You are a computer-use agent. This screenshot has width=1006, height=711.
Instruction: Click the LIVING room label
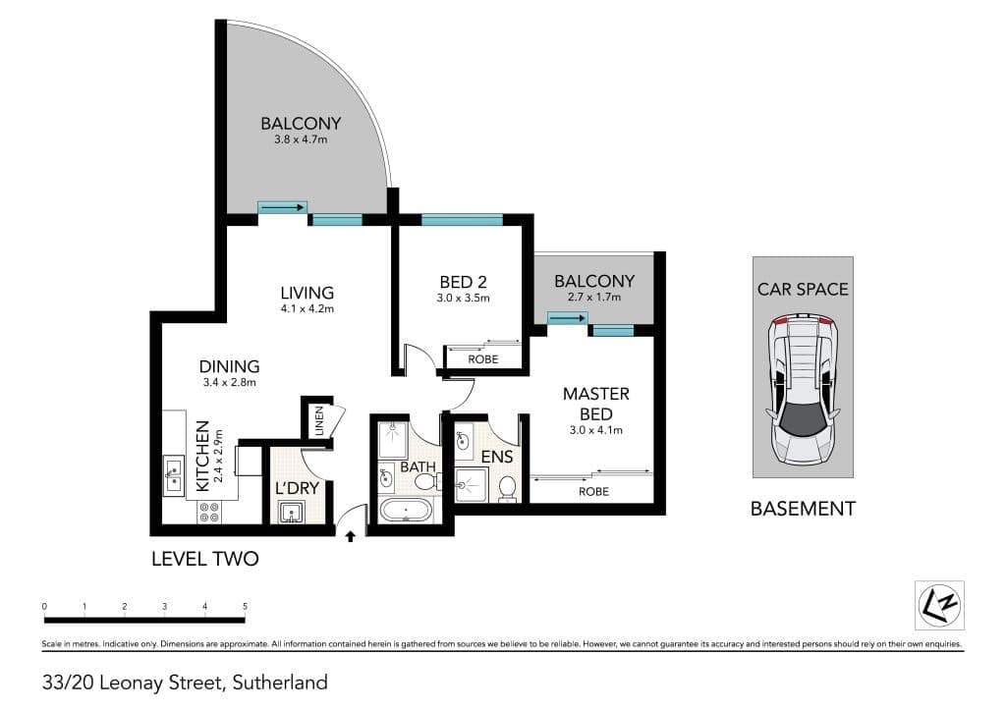point(307,293)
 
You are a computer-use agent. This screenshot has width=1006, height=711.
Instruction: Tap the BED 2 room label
point(463,282)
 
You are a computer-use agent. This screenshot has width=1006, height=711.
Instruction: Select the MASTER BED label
point(596,404)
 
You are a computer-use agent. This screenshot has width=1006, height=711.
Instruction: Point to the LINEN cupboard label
point(319,421)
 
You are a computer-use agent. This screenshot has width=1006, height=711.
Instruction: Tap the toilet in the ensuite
point(508,488)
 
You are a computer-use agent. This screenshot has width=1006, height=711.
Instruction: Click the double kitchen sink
point(173,474)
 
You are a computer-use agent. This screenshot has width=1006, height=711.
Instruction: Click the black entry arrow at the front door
point(351,536)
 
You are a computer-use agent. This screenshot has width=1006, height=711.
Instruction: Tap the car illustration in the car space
point(803,390)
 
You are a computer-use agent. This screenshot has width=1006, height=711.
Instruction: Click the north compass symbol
point(939,605)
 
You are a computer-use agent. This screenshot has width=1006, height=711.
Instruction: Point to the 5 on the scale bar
point(245,606)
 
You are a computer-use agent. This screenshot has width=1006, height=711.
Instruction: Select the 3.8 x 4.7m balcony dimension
point(301,139)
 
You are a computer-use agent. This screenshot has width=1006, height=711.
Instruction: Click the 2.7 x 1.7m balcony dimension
point(594,297)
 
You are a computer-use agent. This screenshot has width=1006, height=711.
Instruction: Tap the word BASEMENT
point(804,509)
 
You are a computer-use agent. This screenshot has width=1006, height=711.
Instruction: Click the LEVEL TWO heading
point(205,559)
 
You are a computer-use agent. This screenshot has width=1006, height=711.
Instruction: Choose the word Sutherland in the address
point(280,683)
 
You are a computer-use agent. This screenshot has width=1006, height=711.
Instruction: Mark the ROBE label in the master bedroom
point(593,492)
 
